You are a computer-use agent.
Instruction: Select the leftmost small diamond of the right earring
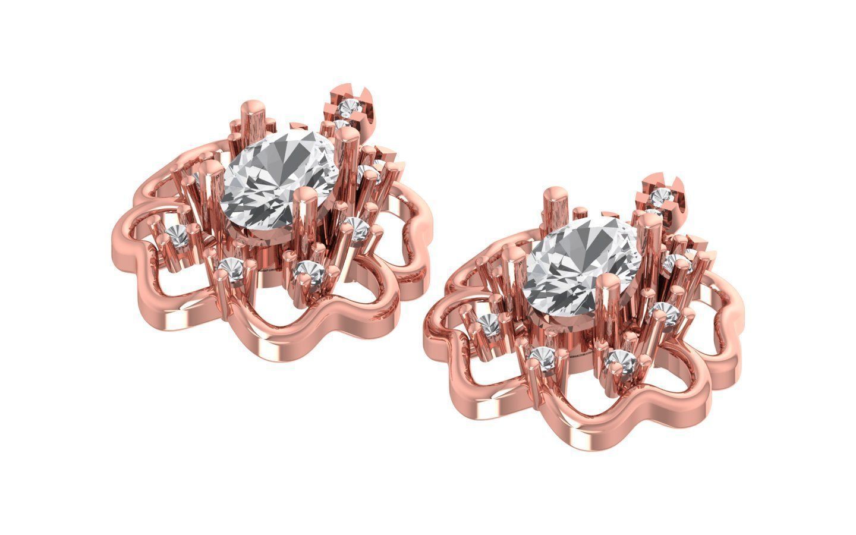[490, 324]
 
